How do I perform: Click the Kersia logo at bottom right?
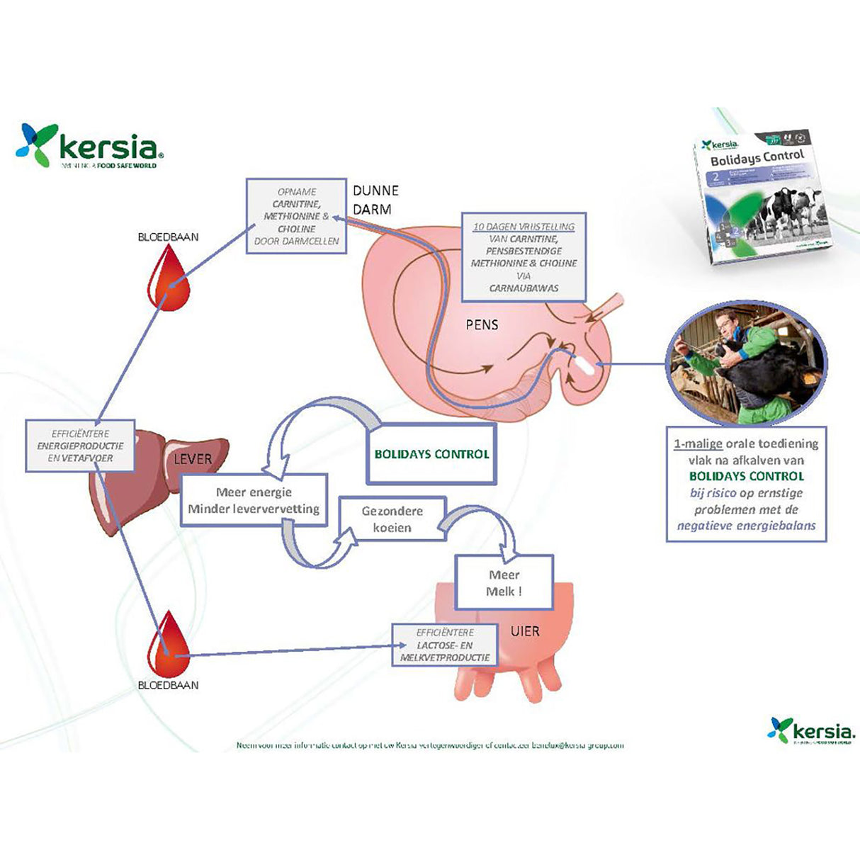click(x=811, y=730)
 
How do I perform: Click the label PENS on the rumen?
click(x=482, y=325)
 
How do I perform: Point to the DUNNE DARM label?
click(x=375, y=200)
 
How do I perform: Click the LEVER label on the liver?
click(x=193, y=459)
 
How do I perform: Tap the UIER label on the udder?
click(x=525, y=630)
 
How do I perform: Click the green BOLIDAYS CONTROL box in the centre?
click(x=432, y=454)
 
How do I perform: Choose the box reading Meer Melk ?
click(x=504, y=583)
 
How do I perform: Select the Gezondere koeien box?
click(x=392, y=519)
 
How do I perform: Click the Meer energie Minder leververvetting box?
click(x=254, y=500)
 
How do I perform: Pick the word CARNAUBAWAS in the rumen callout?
click(x=524, y=288)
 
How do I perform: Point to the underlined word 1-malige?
click(x=698, y=444)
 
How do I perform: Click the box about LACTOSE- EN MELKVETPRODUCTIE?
click(x=445, y=645)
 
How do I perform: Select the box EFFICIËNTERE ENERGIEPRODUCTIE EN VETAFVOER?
click(x=80, y=446)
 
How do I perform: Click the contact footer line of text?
click(x=430, y=745)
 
